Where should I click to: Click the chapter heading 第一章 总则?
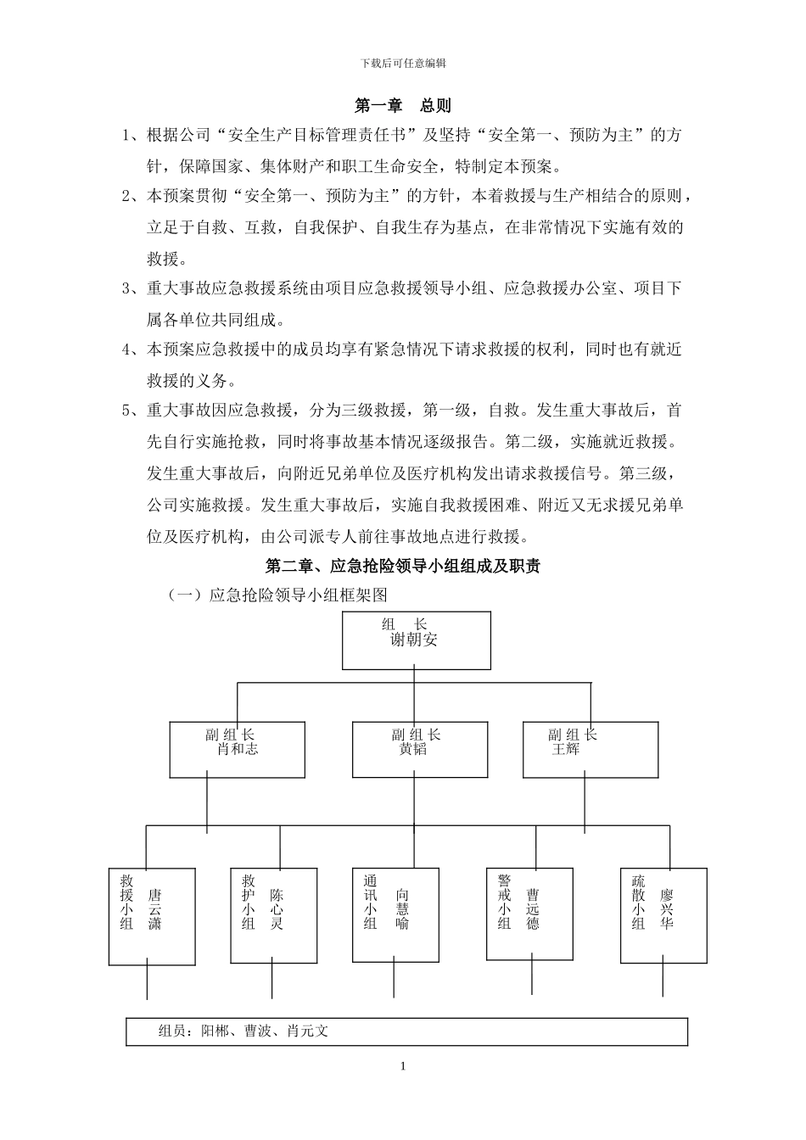coord(402,106)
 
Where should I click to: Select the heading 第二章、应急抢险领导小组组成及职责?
coord(403,567)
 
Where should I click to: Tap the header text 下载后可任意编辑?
coord(403,63)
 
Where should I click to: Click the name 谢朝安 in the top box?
coord(414,640)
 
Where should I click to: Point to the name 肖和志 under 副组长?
coord(238,749)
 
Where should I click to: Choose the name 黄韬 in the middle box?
coord(413,749)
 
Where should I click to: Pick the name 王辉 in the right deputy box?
coord(566,749)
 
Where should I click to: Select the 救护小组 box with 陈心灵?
coord(272,915)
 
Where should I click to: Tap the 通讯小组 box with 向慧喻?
coord(396,914)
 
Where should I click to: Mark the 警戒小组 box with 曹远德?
coord(531,914)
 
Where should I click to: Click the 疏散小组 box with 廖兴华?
coord(663,915)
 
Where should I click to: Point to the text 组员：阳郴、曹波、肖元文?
coord(243,1031)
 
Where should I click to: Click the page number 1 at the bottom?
coord(403,1066)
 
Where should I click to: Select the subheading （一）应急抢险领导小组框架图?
coord(278,596)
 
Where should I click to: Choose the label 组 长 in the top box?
coord(405,624)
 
